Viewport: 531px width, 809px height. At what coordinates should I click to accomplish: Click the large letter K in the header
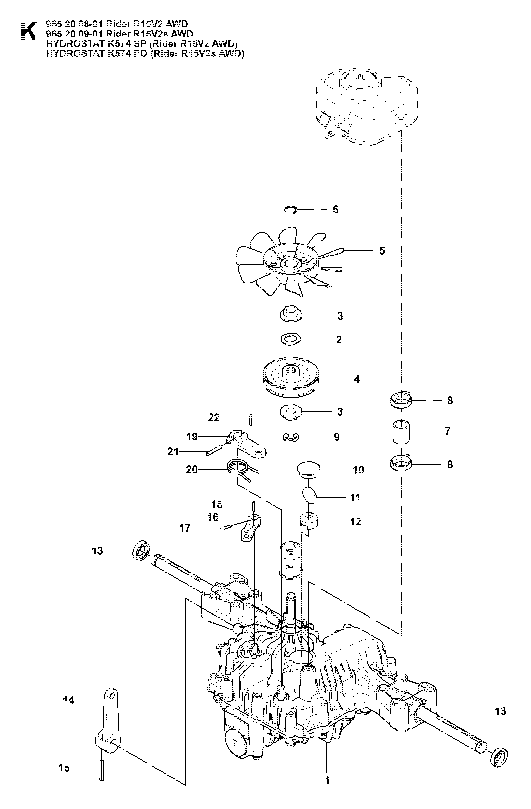pos(29,31)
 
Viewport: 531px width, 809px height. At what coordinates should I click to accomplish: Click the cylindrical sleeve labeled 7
pos(401,432)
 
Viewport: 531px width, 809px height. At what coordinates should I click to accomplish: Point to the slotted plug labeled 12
pos(309,521)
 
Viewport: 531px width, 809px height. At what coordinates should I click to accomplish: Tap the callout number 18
pos(217,504)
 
